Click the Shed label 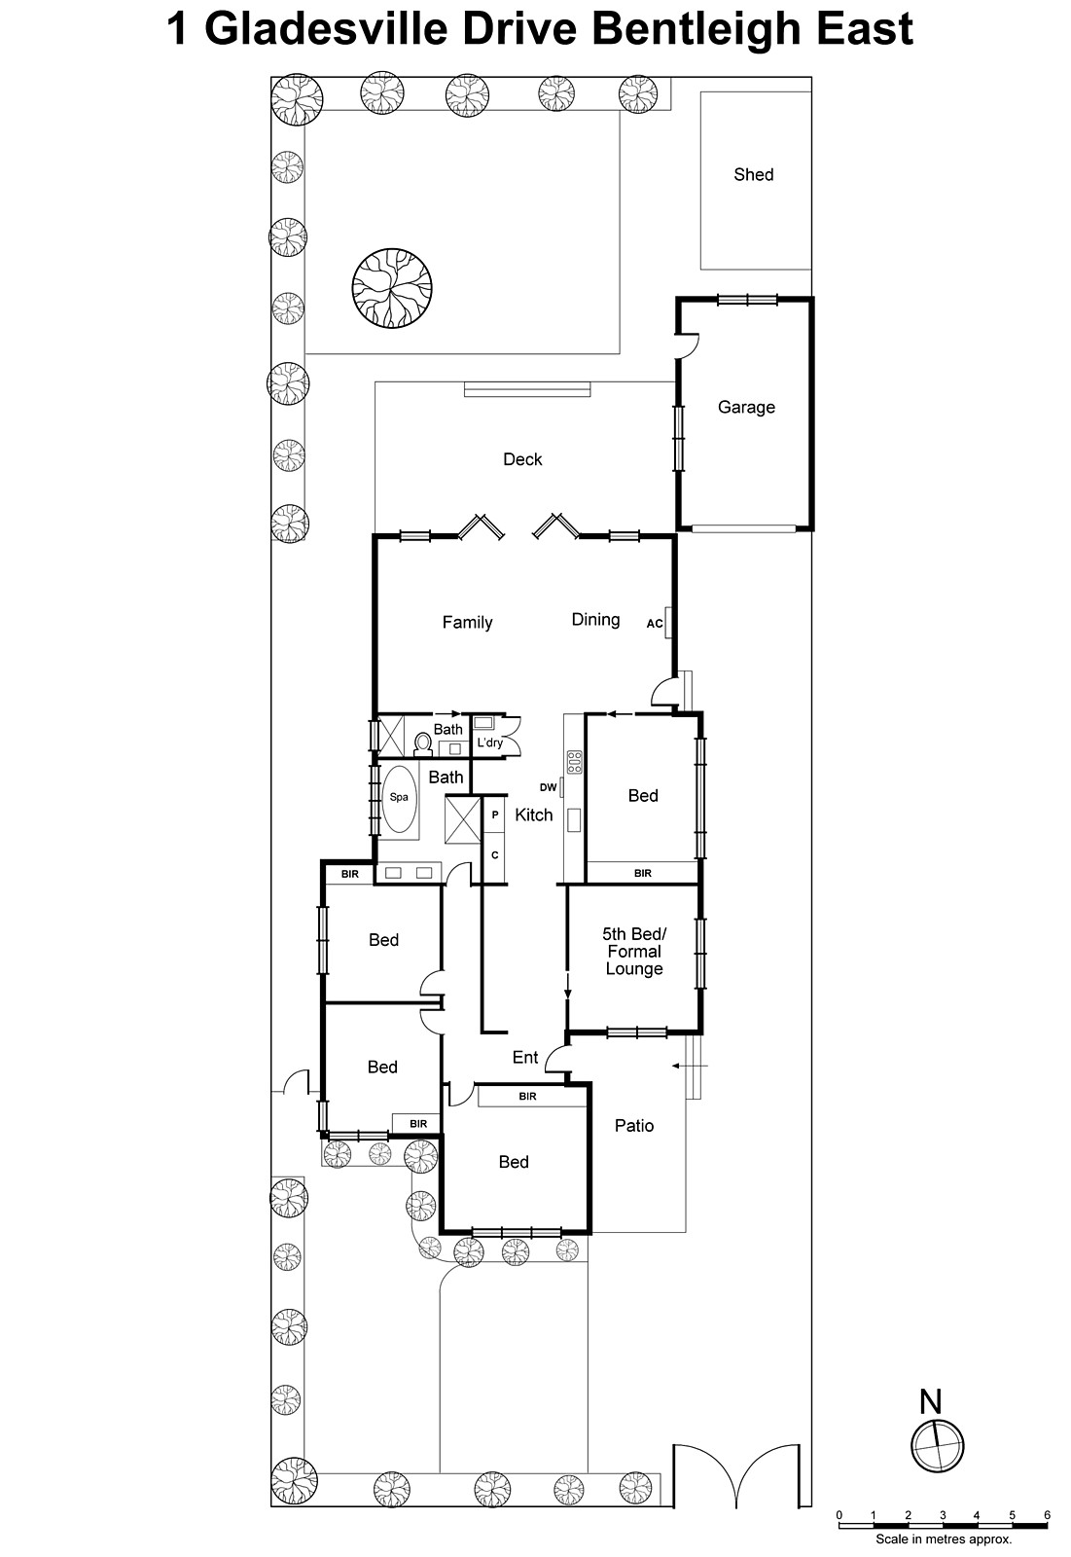click(x=753, y=175)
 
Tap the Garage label click(x=746, y=408)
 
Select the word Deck click(x=522, y=459)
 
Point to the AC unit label click(x=655, y=624)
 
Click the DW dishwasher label click(x=549, y=787)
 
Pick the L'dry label click(x=489, y=743)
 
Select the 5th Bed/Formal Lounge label click(x=634, y=952)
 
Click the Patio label click(x=634, y=1126)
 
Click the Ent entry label click(x=525, y=1058)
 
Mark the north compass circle click(x=937, y=1444)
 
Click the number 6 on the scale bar click(x=1047, y=1515)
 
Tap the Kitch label click(x=533, y=815)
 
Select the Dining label click(x=595, y=620)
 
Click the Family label click(x=467, y=623)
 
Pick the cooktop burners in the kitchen click(x=575, y=762)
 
